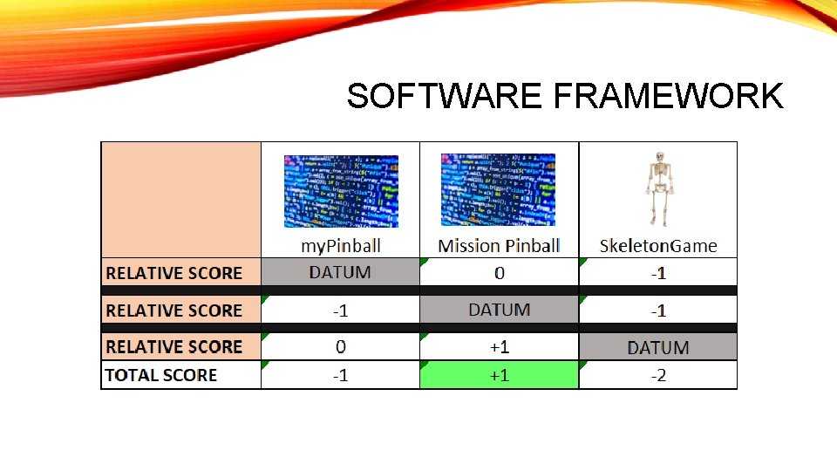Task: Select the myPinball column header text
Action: click(341, 245)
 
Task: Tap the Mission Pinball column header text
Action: click(499, 245)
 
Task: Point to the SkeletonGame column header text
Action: click(658, 245)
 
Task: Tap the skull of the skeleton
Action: click(660, 159)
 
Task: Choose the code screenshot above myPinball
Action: click(341, 190)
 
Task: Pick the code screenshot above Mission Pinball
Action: click(498, 190)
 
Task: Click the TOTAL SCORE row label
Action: click(161, 375)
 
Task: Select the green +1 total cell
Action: click(499, 375)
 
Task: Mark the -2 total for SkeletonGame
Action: click(658, 375)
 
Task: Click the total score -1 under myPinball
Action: click(340, 375)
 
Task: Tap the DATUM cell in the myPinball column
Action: click(340, 272)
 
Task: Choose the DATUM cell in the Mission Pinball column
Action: click(499, 310)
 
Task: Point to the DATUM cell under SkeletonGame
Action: click(658, 347)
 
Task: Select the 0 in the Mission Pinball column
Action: click(499, 273)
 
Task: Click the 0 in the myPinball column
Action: click(340, 347)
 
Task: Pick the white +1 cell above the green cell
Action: click(499, 347)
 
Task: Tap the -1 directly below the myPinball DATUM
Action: click(340, 311)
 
